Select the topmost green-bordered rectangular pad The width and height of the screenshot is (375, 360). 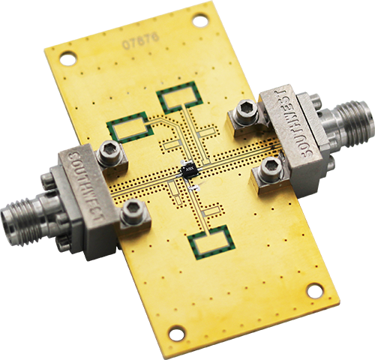click(x=178, y=97)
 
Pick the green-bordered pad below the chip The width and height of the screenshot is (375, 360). click(x=209, y=242)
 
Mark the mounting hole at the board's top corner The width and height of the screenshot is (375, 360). click(x=200, y=21)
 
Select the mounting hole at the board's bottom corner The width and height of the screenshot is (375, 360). click(x=177, y=331)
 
